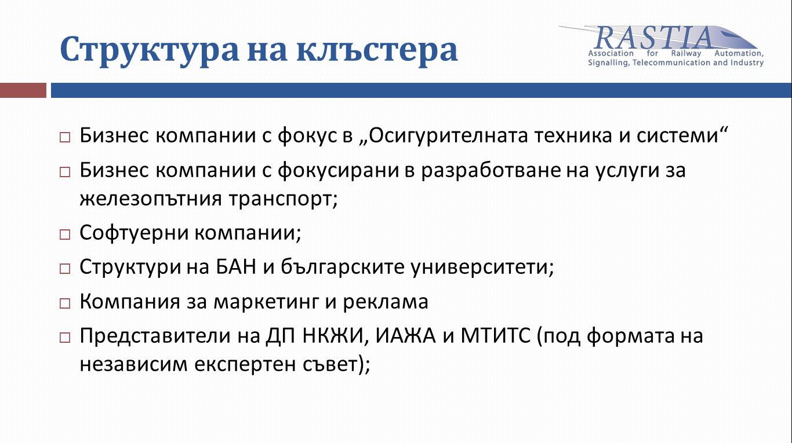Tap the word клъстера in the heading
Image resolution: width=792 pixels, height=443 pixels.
377,49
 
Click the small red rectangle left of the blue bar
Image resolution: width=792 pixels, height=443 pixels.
23,90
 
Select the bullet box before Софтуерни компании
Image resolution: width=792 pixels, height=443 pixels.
65,235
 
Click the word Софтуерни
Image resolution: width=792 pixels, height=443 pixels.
135,233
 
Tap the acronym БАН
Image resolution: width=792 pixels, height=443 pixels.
236,267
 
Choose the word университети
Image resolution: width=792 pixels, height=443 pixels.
482,268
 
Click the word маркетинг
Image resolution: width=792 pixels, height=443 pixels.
267,302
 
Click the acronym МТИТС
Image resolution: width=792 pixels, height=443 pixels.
496,336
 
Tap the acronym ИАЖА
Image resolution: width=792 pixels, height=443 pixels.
405,336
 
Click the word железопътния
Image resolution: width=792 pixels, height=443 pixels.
151,199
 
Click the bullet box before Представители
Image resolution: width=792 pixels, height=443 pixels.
65,338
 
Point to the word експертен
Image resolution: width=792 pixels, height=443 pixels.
245,365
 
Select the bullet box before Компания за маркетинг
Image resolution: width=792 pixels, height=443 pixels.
65,303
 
